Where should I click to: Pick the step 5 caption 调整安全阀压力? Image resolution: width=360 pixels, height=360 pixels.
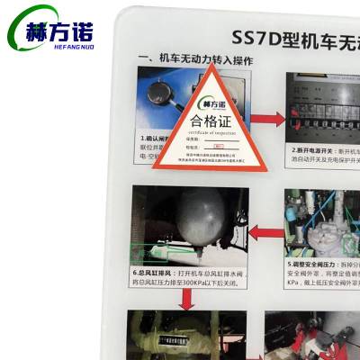[322, 266]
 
